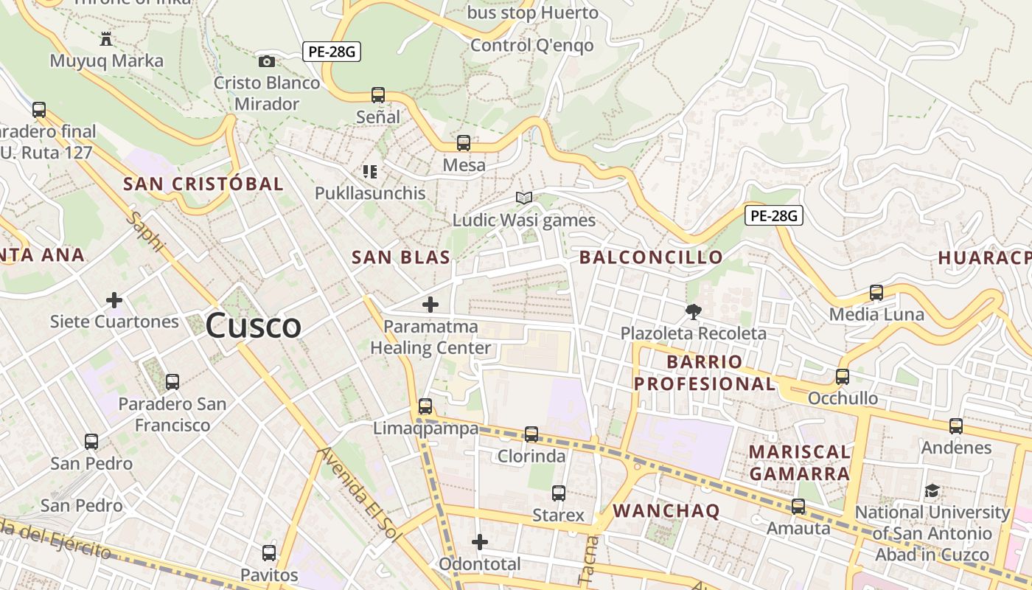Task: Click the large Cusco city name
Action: click(x=254, y=325)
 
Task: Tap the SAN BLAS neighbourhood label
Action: click(x=400, y=257)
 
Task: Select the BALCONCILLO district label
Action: click(x=651, y=257)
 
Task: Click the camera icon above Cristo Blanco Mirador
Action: click(x=267, y=62)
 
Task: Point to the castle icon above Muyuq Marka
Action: click(x=106, y=39)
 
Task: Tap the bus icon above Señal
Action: click(x=378, y=95)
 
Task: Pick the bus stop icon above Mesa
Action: click(x=464, y=143)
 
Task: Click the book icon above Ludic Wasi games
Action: click(x=524, y=198)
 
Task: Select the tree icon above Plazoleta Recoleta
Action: click(x=693, y=312)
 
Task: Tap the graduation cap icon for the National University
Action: click(x=932, y=490)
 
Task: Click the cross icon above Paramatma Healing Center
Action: click(x=430, y=304)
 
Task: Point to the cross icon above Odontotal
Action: click(x=480, y=543)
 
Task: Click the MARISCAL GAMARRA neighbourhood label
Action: click(x=800, y=462)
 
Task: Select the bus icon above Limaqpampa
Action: click(x=425, y=406)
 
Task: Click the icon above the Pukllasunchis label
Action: click(x=370, y=172)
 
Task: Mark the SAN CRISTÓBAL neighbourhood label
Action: click(x=203, y=184)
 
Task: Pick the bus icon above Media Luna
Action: click(x=876, y=293)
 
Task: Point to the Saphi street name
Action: click(x=145, y=231)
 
